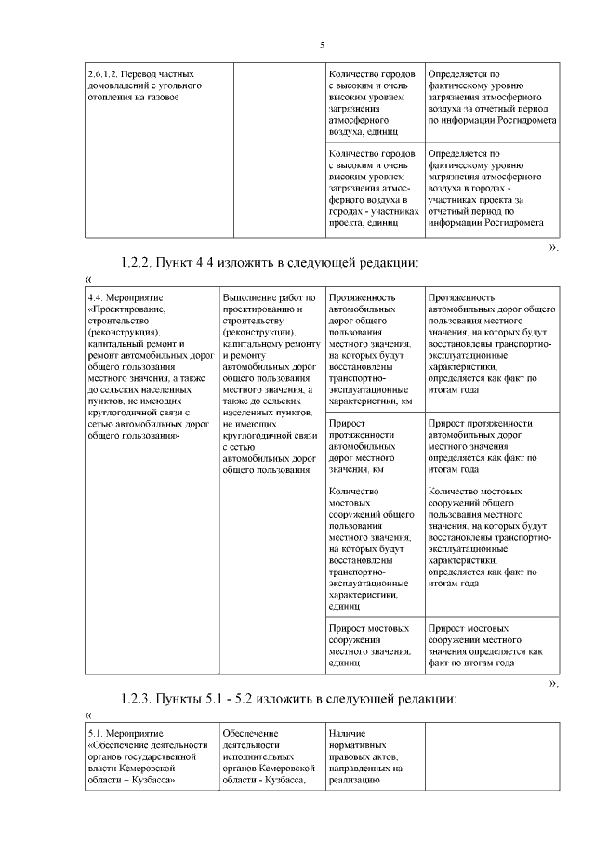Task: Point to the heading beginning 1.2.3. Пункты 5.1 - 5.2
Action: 290,698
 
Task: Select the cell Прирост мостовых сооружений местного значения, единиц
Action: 370,645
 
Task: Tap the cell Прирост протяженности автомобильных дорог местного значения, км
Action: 370,446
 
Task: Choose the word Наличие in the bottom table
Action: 347,734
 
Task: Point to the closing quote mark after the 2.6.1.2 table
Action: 554,247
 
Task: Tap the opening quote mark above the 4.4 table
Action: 88,279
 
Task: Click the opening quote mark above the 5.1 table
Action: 88,715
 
